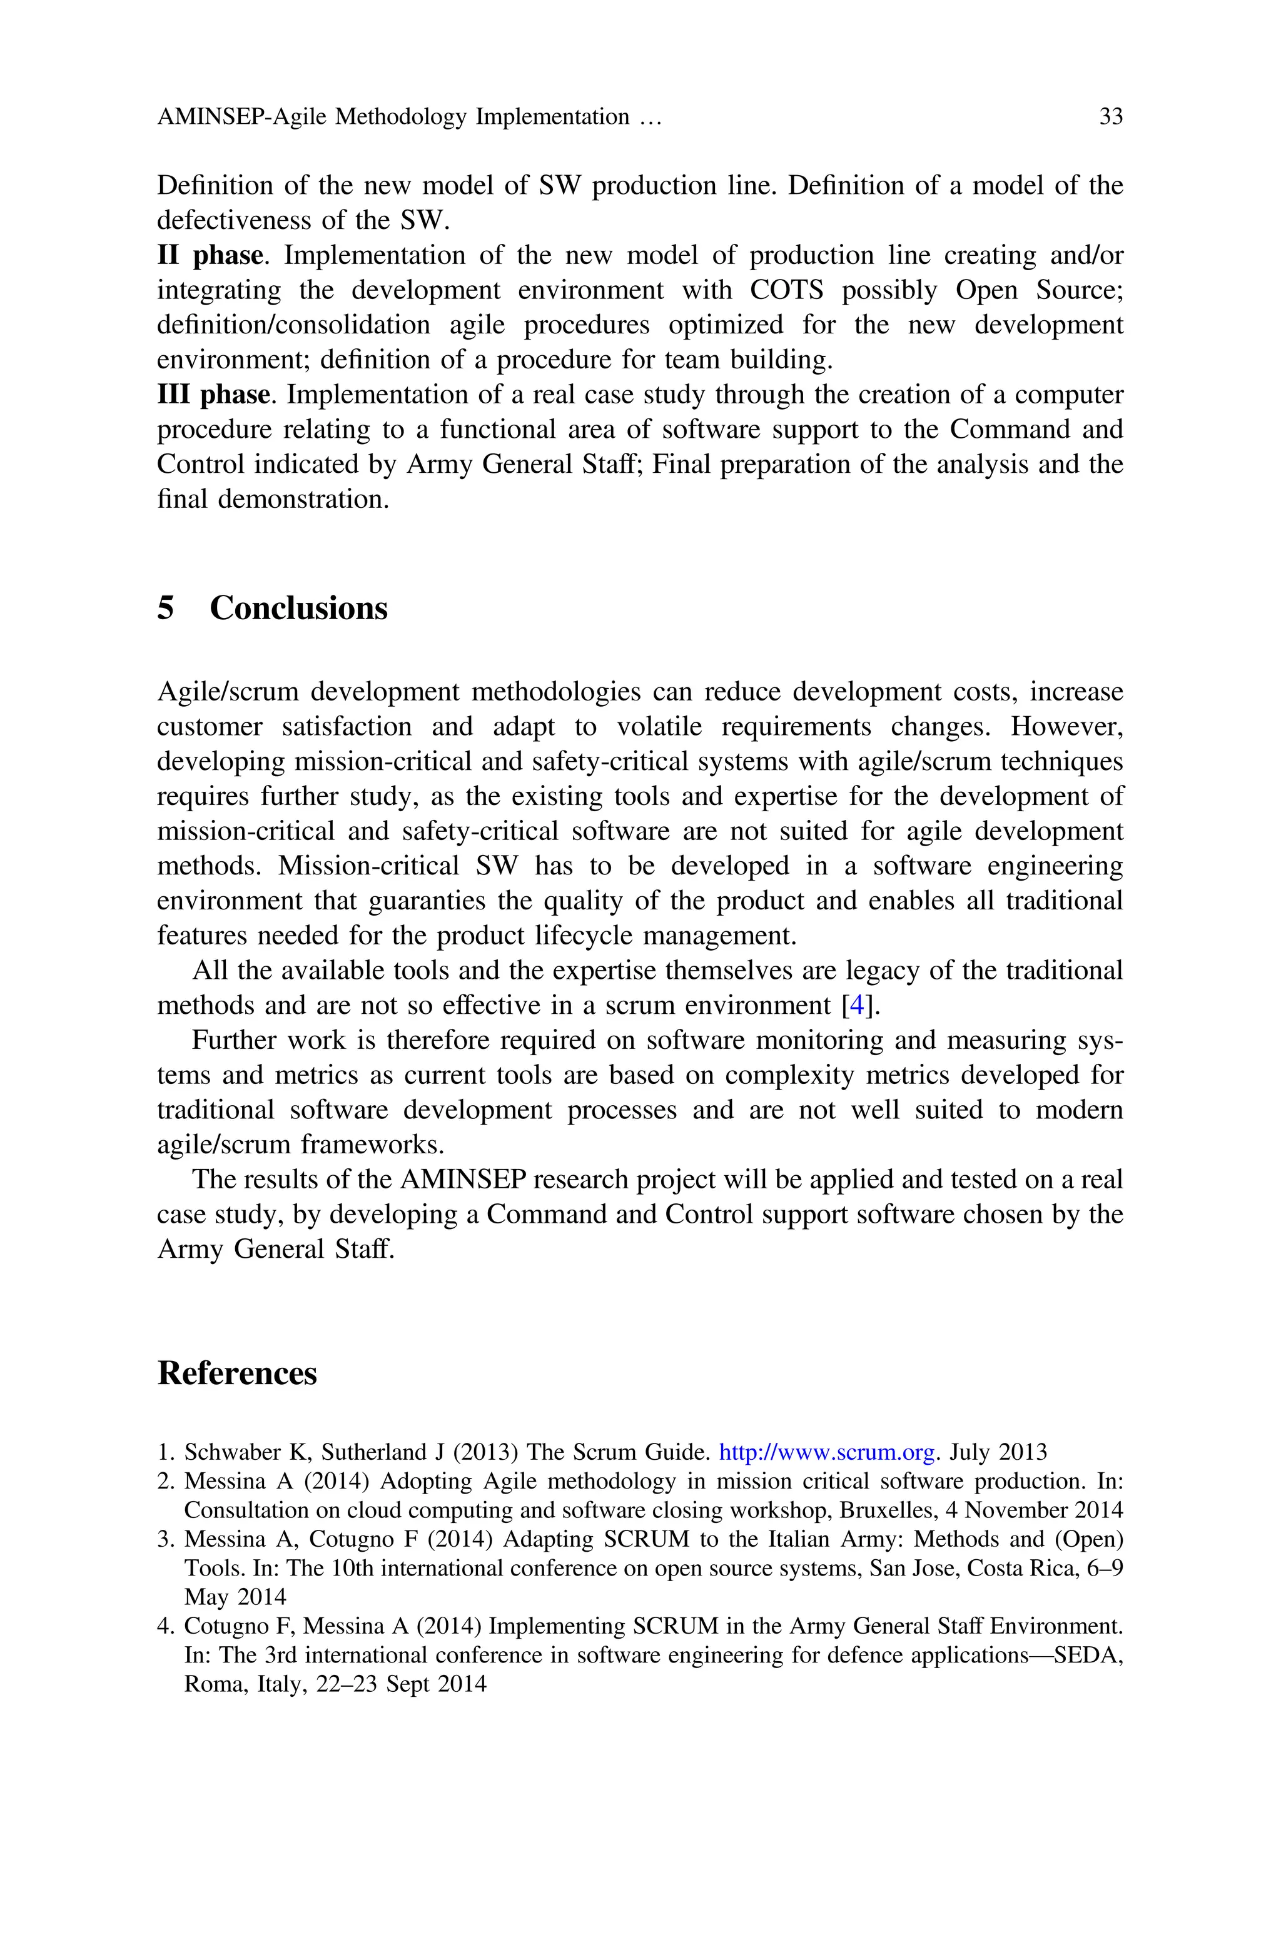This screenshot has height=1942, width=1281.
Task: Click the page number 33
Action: coord(1110,117)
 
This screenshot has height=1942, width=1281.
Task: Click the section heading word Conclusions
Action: coord(298,609)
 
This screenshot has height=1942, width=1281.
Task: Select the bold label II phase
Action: coord(210,256)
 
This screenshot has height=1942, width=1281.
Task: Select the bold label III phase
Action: coord(213,395)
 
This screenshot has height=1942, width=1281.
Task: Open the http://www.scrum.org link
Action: coord(826,1452)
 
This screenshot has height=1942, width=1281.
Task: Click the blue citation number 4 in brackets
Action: coord(857,1005)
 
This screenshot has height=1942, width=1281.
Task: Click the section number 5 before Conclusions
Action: coord(166,609)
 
